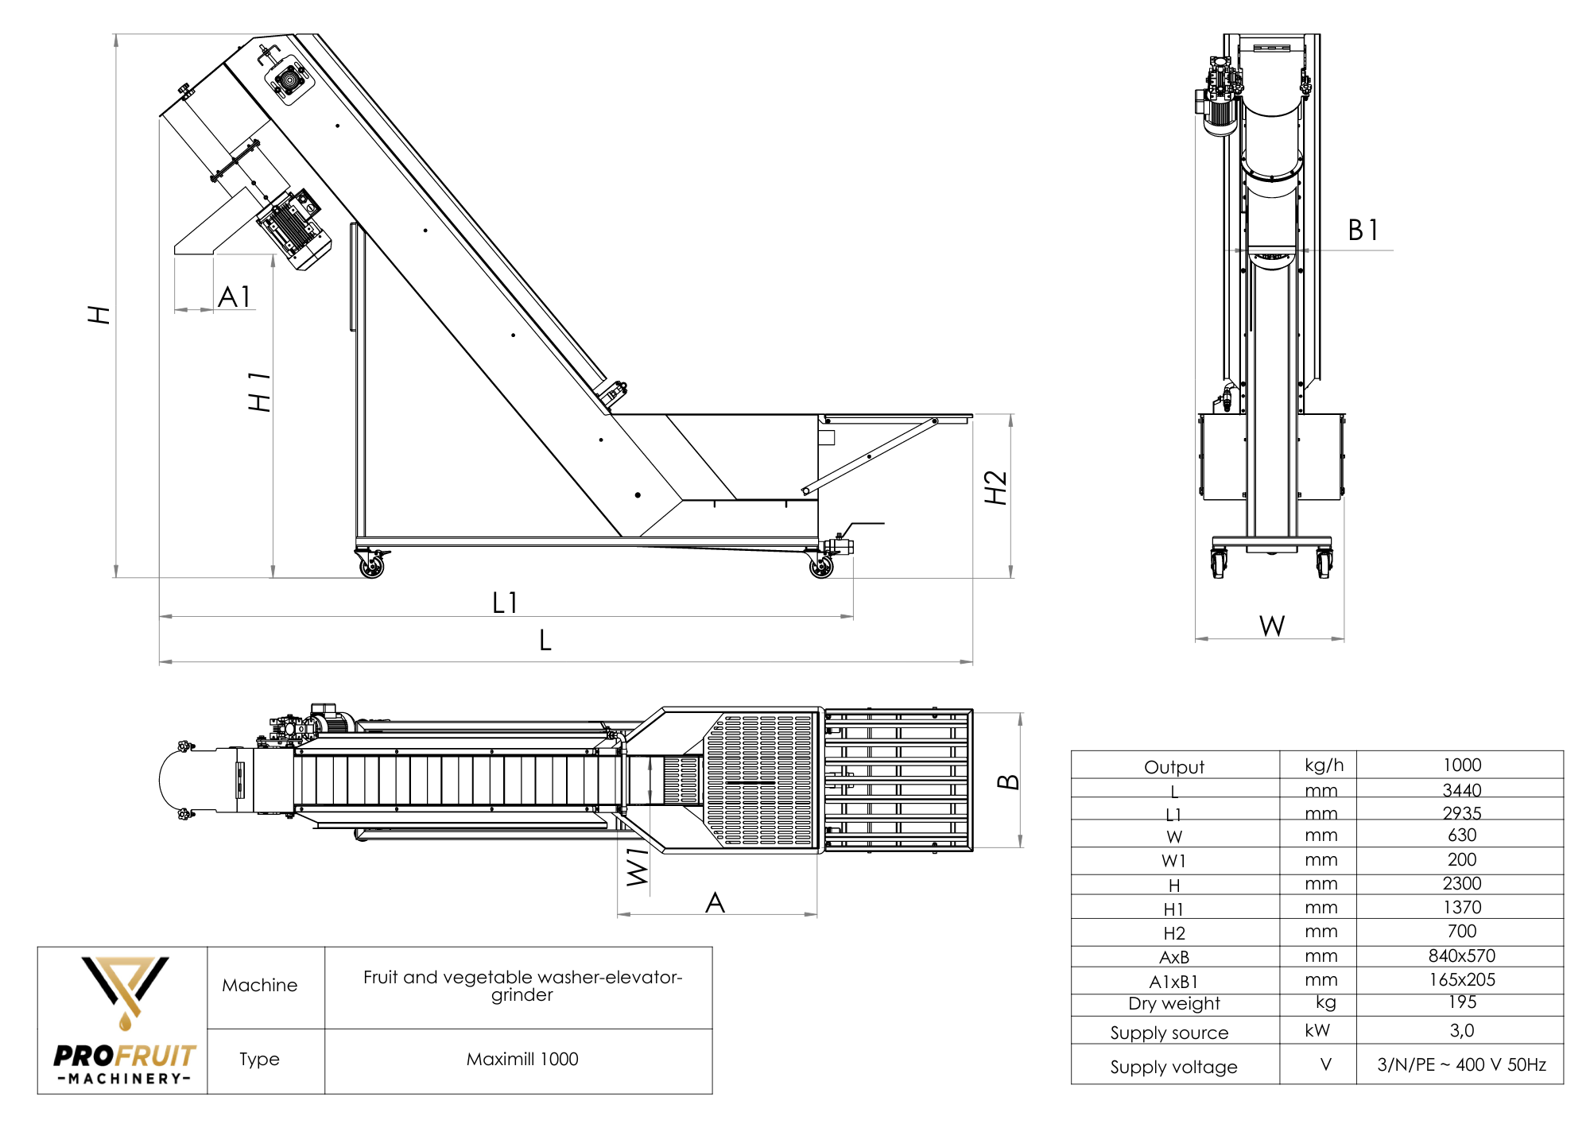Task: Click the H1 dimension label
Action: (x=259, y=392)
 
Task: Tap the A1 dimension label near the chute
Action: (x=235, y=297)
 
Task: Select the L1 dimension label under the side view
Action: (x=505, y=603)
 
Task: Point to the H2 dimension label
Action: (x=995, y=487)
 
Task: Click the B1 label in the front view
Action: (x=1363, y=231)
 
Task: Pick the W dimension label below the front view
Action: (x=1272, y=626)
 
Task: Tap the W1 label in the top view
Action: (x=638, y=867)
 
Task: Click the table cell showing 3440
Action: (x=1461, y=790)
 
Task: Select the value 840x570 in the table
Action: (x=1461, y=955)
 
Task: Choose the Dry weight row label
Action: (x=1173, y=1003)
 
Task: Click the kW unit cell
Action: (x=1317, y=1030)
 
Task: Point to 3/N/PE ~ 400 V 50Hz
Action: (x=1461, y=1064)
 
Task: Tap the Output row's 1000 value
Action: (x=1461, y=765)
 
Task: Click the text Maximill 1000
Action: (x=522, y=1059)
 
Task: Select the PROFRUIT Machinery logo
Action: (x=124, y=1021)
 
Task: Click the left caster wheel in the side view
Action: (x=371, y=565)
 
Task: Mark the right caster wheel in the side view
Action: (x=821, y=565)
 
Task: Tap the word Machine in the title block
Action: (x=259, y=985)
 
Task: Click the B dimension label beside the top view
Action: (x=1008, y=781)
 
